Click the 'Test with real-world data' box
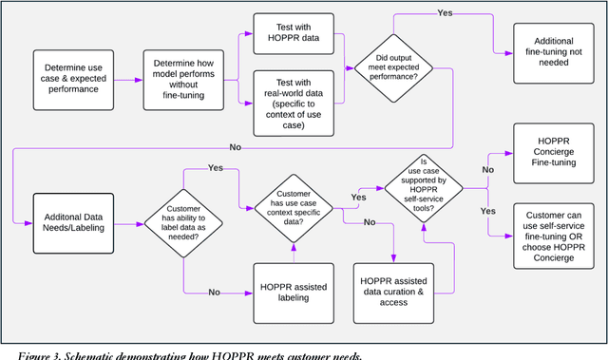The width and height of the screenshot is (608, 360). tap(294, 103)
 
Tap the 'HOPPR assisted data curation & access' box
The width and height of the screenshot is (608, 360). tap(396, 291)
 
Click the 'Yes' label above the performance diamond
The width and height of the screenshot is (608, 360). tap(445, 12)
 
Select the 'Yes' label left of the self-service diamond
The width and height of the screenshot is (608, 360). tap(358, 198)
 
